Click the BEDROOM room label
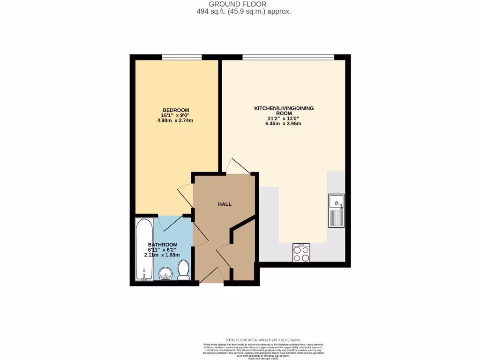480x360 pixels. click(176, 110)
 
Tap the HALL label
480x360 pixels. click(225, 204)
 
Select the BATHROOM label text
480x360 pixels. click(163, 245)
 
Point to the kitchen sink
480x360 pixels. click(336, 210)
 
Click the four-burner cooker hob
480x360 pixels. click(301, 253)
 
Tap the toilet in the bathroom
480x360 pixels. click(183, 271)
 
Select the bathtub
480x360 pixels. click(144, 249)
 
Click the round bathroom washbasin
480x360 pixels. click(166, 274)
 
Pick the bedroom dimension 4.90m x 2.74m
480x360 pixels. click(176, 120)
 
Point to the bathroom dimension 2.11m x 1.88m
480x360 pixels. click(163, 255)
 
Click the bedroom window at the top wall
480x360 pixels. click(182, 57)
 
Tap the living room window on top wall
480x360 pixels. click(288, 57)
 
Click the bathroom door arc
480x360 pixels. click(167, 223)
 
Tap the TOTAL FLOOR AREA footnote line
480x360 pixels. click(263, 340)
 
